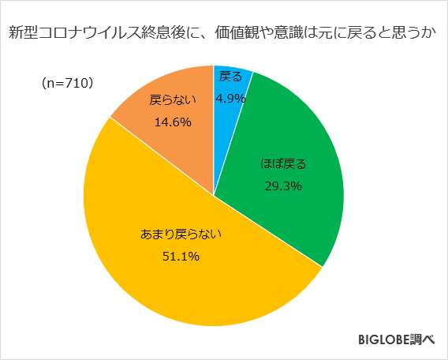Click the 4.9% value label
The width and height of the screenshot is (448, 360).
(231, 99)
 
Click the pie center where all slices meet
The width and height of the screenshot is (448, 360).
(214, 195)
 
